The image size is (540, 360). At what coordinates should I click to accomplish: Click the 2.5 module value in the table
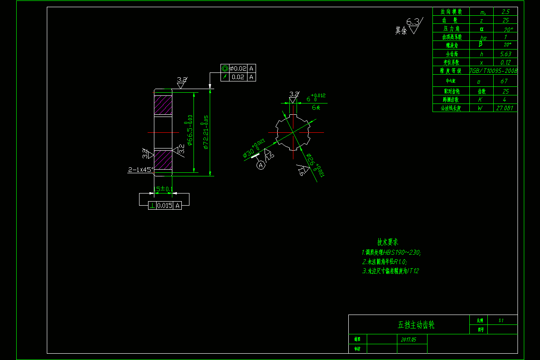(x=505, y=12)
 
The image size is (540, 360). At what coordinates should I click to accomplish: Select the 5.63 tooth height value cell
(x=505, y=54)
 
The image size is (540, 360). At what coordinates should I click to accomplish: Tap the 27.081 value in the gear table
(x=505, y=108)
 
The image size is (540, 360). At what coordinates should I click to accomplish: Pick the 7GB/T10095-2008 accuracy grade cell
(x=494, y=71)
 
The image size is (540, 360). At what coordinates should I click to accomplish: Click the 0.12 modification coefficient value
(x=505, y=63)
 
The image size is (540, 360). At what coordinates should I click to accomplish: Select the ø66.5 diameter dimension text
(x=190, y=131)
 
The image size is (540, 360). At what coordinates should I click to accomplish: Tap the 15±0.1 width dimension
(x=164, y=189)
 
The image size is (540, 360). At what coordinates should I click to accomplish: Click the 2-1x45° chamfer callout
(x=141, y=170)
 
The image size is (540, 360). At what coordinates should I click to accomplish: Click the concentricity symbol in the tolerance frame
(x=225, y=68)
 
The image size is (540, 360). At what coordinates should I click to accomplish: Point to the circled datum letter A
(x=261, y=166)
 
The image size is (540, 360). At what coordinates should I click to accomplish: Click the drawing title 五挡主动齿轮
(x=416, y=325)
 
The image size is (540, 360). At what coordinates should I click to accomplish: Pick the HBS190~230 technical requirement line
(x=391, y=252)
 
